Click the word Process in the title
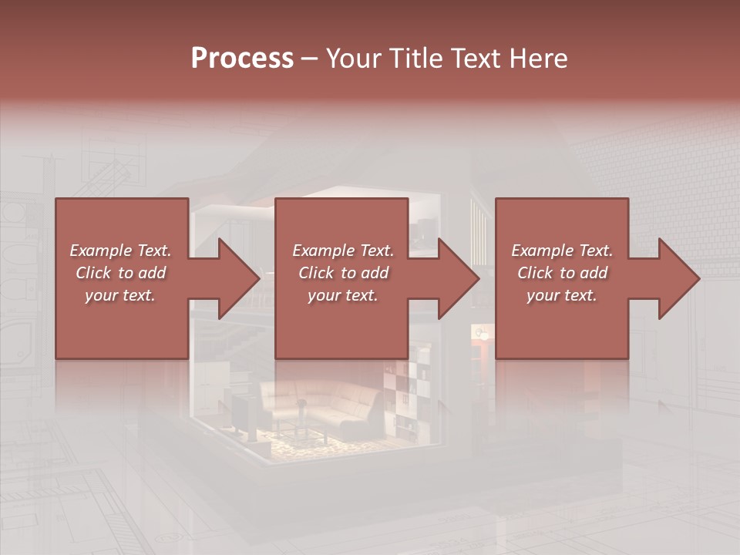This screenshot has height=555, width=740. pos(242,59)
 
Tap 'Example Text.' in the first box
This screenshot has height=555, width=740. pos(120,251)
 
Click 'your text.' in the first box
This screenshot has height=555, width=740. pos(120,295)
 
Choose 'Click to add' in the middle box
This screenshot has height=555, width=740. pos(343,273)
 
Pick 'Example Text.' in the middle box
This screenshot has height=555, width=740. pos(343,251)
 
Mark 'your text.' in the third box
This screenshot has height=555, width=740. pos(562,295)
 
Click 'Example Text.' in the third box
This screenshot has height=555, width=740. pos(562,251)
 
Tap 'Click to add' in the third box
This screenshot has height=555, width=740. pos(562,273)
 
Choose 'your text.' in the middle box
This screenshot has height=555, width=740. pos(343,295)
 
